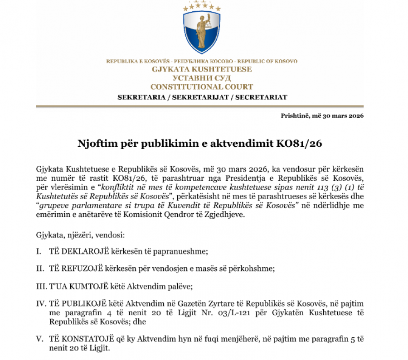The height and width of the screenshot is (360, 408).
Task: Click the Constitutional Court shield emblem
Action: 202,29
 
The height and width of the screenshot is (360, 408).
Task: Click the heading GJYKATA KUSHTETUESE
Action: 202,70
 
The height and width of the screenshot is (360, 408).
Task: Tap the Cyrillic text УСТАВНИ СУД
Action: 202,78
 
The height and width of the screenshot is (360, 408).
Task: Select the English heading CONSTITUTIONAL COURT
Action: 202,86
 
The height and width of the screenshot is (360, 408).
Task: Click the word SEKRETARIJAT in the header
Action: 202,97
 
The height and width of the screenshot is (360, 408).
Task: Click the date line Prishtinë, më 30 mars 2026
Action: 322,115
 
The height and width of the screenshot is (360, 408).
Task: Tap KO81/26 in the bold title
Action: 301,144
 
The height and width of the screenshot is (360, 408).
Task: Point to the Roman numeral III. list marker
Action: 41,286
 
